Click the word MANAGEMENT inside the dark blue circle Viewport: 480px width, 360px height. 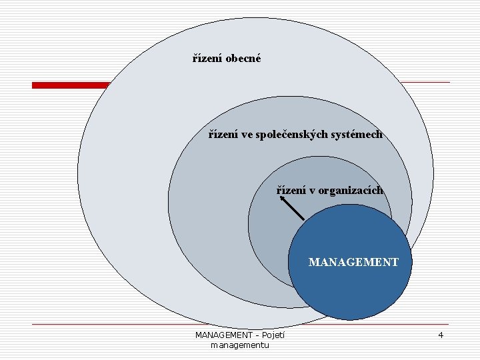point(353,262)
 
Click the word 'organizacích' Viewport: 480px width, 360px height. point(350,190)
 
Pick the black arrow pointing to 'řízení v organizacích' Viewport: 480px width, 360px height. point(291,208)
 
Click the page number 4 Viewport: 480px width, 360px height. point(441,335)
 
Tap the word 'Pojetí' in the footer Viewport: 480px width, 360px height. point(273,335)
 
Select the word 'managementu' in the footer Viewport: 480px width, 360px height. point(239,345)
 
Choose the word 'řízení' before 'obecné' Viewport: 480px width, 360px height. point(207,58)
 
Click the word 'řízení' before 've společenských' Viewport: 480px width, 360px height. point(223,134)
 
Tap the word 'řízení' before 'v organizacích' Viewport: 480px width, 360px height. point(292,190)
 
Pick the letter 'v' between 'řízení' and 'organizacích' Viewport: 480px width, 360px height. point(313,190)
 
